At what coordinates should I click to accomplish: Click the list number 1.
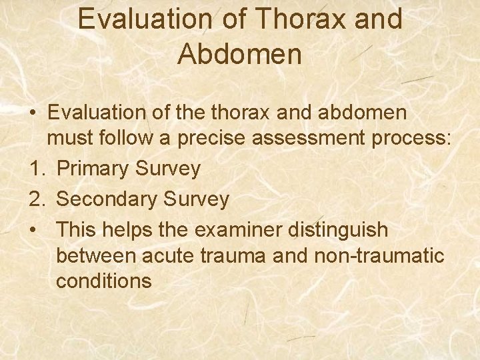[37, 169]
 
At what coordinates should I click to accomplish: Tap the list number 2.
[37, 199]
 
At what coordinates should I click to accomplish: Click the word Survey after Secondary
[199, 199]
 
